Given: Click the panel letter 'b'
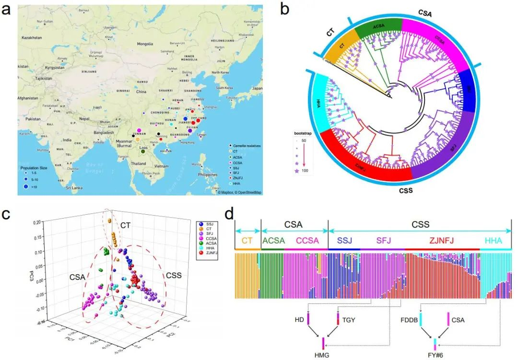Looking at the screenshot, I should pos(284,9).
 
